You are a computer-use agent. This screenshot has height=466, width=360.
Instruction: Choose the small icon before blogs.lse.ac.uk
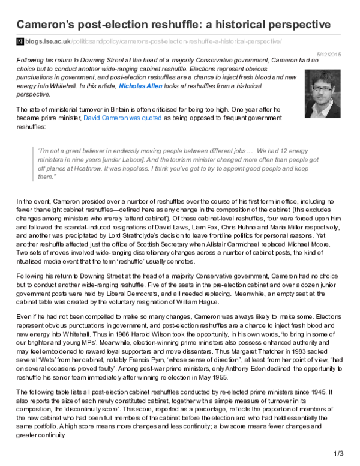coord(19,41)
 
